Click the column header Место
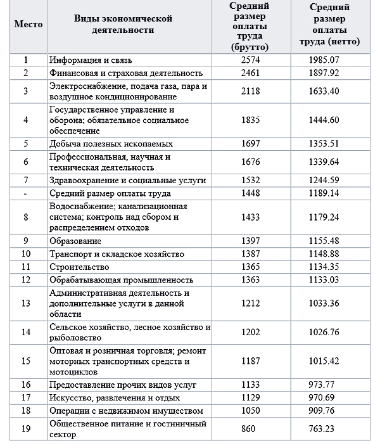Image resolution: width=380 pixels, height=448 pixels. [x=27, y=25]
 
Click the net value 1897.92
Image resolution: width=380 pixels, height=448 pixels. [x=329, y=73]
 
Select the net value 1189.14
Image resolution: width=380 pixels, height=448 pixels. [x=329, y=193]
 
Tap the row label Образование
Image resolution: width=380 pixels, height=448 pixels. [x=75, y=241]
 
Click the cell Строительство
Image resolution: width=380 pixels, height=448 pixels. [x=79, y=266]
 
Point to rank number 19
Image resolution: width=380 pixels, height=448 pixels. [x=26, y=428]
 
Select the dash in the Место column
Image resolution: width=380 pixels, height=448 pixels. [x=26, y=193]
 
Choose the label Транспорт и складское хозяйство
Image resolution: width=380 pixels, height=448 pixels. [x=117, y=254]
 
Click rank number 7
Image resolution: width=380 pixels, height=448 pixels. [x=26, y=181]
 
